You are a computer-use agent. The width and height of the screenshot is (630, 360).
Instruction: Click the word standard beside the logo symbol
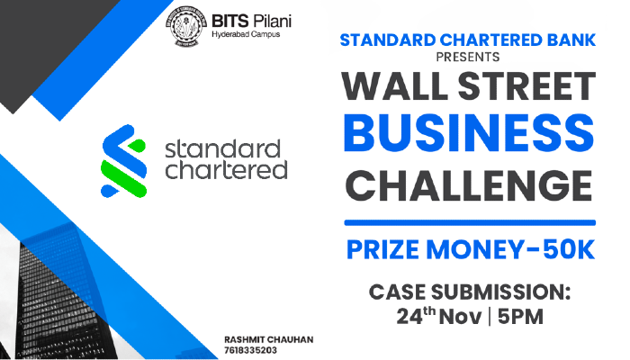tap(222, 147)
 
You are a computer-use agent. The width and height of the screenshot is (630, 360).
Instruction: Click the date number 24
tap(409, 319)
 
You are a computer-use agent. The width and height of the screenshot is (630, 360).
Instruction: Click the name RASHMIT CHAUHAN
tap(262, 339)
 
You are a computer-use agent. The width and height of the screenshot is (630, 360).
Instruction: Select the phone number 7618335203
tap(251, 351)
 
